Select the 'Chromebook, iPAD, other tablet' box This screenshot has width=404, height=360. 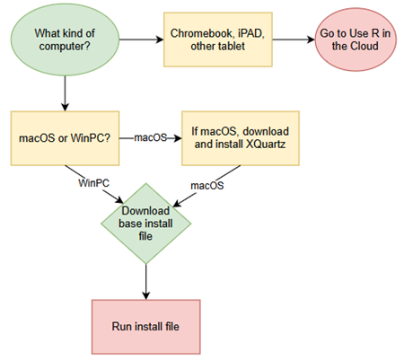(x=215, y=40)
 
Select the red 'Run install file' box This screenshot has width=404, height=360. (x=145, y=326)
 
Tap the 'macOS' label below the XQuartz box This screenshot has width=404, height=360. (x=206, y=185)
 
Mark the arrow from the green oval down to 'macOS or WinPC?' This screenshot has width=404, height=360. (x=66, y=92)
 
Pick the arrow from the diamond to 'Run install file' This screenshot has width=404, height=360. (x=145, y=282)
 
